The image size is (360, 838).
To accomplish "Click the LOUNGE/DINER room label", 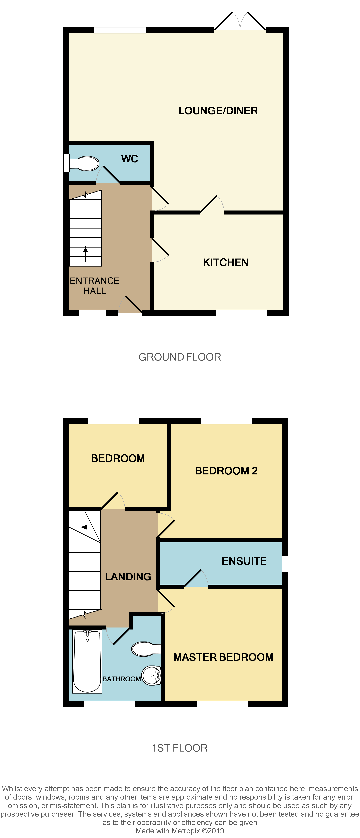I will point(218,111).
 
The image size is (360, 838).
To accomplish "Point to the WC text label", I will point(130,159).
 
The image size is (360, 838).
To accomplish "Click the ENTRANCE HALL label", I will point(95,286).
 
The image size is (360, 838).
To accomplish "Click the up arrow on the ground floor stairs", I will point(86,254).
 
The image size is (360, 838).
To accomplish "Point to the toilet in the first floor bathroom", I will point(146,649).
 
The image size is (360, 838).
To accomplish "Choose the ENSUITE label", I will point(244,561).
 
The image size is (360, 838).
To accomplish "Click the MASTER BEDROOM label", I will point(223,657).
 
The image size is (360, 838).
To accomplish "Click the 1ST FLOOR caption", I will point(180,748).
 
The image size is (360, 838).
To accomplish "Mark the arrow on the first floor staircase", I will point(88,527).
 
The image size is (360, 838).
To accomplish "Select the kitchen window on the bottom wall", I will point(241,313).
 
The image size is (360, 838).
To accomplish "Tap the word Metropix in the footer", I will point(186,831).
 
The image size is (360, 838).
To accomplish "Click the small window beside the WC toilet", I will point(66,163).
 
